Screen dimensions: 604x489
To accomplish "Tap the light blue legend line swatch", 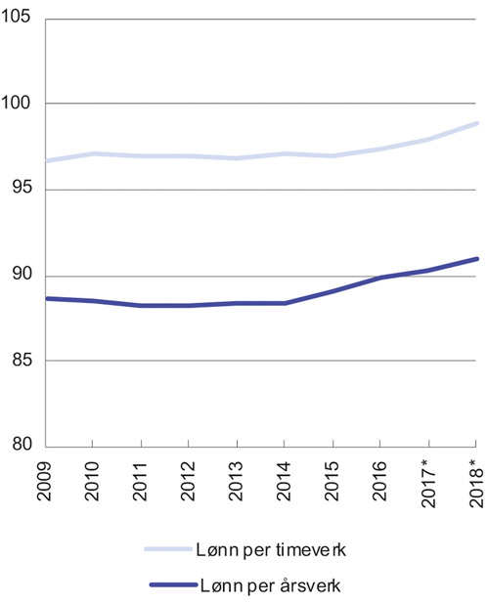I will (172, 550).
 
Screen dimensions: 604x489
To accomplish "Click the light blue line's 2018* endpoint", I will (477, 123).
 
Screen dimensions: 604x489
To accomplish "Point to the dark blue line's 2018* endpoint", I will (477, 258).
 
